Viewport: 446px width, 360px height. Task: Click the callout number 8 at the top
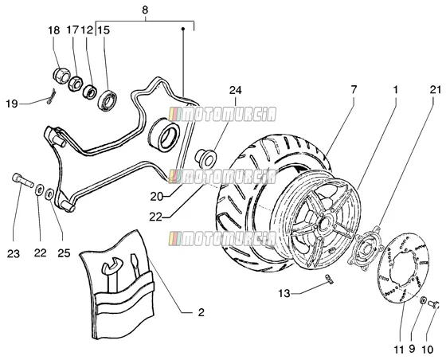click(145, 10)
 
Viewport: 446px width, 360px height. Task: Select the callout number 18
click(54, 30)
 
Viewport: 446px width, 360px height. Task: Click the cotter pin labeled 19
click(52, 96)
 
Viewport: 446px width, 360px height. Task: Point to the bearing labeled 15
click(107, 100)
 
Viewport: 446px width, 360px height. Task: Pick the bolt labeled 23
click(23, 181)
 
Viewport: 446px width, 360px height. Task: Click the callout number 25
click(64, 252)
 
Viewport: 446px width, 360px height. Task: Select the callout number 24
click(236, 91)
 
